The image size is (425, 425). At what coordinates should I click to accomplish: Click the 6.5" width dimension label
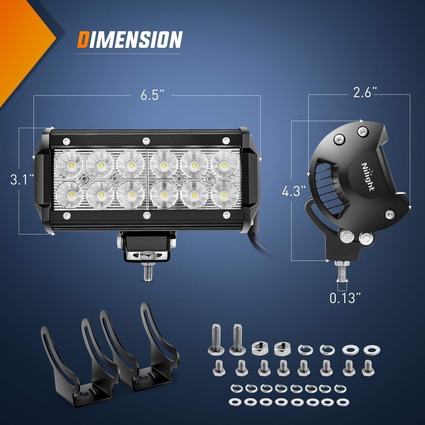point(153,95)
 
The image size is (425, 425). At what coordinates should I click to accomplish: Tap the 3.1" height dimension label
point(22,179)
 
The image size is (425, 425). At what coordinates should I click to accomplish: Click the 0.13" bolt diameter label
point(345,298)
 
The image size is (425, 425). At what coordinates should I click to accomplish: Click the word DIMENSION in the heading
point(129,40)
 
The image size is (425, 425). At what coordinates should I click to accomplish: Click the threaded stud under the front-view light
point(147,272)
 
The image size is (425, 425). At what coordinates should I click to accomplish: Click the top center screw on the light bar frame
point(146,140)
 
